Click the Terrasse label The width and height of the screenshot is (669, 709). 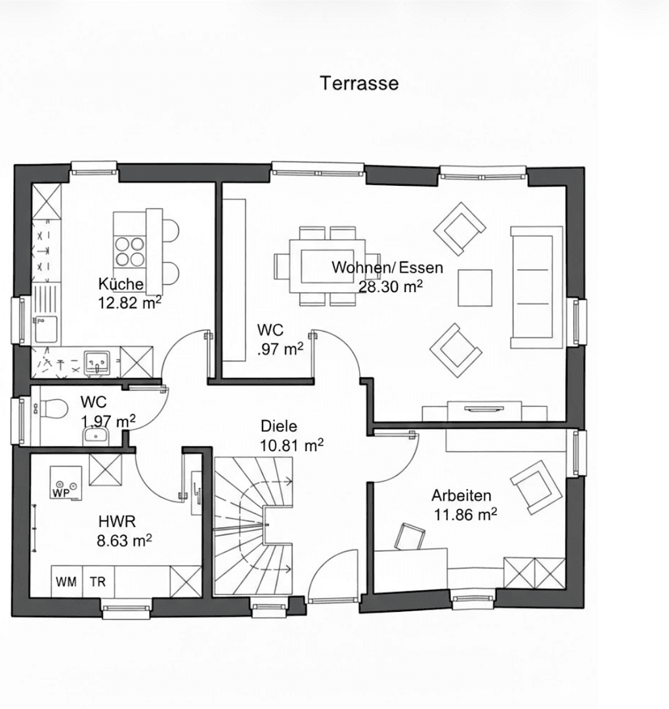pos(358,83)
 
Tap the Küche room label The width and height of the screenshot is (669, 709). pos(121,284)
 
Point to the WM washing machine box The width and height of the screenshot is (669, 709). pos(66,581)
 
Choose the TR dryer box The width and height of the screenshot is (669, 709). pos(98,581)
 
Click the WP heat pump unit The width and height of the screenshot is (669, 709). pos(64,484)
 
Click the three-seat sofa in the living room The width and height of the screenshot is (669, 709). pos(536,287)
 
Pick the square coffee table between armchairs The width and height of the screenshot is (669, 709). pos(475,288)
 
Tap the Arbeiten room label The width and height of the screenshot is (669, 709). pos(461,496)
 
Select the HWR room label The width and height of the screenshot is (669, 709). pos(117,522)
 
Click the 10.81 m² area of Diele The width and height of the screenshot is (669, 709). pos(291,446)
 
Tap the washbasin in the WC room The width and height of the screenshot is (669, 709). pos(97,435)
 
